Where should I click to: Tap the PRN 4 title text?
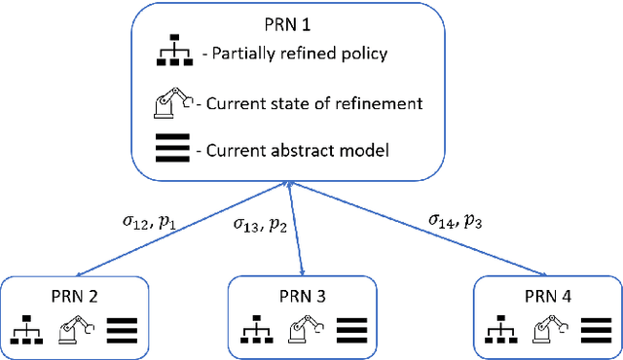546,298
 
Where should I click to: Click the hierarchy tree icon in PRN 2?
28,331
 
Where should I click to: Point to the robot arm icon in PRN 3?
304,331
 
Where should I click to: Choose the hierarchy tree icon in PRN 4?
498,331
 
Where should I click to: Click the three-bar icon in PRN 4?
595,331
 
